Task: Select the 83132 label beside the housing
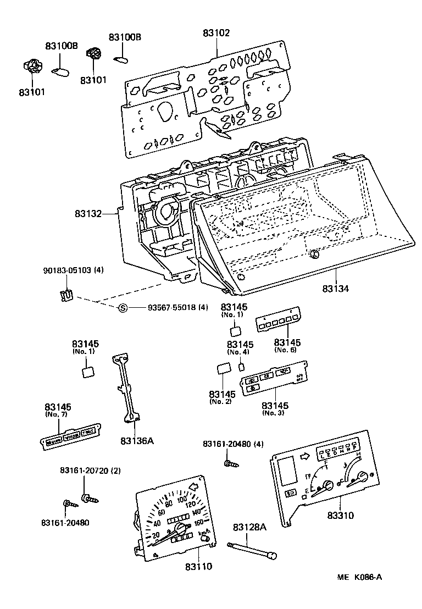[x=88, y=213]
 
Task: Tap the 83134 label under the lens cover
[x=336, y=287]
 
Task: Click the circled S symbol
[x=123, y=307]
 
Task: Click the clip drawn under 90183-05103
[x=66, y=295]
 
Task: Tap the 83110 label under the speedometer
[x=198, y=566]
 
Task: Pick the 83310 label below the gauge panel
[x=341, y=516]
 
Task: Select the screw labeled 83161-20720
[x=88, y=499]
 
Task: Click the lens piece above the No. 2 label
[x=223, y=369]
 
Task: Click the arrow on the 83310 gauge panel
[x=304, y=456]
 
